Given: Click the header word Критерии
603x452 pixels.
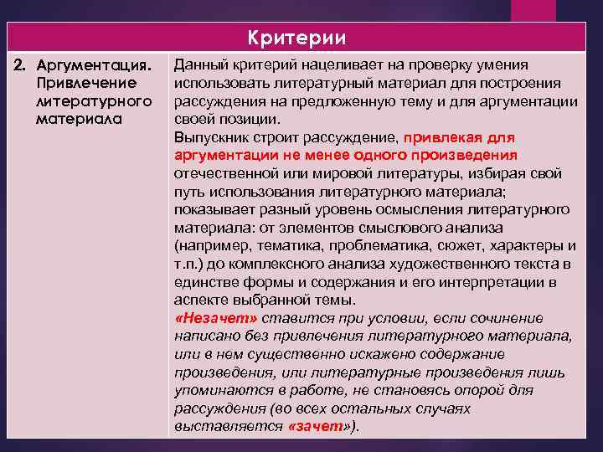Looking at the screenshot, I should click(x=296, y=39).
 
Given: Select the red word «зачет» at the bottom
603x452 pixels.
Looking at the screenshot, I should click(x=315, y=427).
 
